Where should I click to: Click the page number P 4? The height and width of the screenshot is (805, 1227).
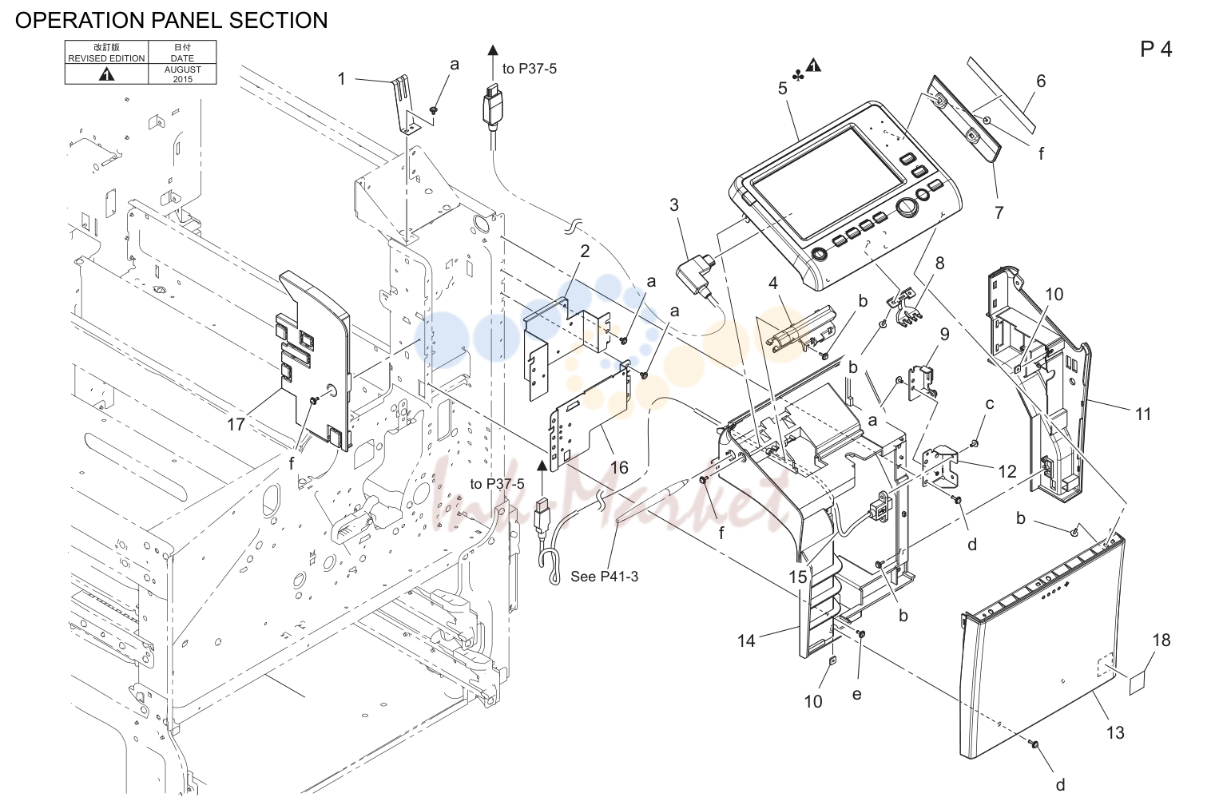pyautogui.click(x=1156, y=50)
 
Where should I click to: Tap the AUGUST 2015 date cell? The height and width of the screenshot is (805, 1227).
pyautogui.click(x=182, y=74)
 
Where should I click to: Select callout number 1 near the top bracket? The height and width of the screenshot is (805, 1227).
pyautogui.click(x=342, y=79)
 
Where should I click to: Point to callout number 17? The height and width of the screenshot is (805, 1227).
pyautogui.click(x=236, y=424)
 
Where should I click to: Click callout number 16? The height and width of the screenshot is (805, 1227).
pyautogui.click(x=620, y=467)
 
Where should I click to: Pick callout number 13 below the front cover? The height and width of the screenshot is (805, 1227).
pyautogui.click(x=1115, y=732)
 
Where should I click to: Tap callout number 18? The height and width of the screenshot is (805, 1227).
pyautogui.click(x=1161, y=640)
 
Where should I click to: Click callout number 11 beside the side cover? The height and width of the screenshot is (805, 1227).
pyautogui.click(x=1142, y=414)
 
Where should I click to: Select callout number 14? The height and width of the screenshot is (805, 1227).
pyautogui.click(x=746, y=640)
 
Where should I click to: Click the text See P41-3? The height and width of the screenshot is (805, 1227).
pyautogui.click(x=604, y=576)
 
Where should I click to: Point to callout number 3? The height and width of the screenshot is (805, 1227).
pyautogui.click(x=673, y=204)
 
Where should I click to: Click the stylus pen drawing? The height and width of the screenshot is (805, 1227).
pyautogui.click(x=652, y=501)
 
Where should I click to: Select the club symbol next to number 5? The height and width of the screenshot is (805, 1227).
pyautogui.click(x=798, y=77)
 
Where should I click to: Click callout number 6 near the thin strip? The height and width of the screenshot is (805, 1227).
pyautogui.click(x=1041, y=81)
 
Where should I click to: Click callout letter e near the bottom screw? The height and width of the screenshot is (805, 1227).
pyautogui.click(x=856, y=694)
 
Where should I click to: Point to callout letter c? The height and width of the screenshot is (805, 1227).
pyautogui.click(x=989, y=403)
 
